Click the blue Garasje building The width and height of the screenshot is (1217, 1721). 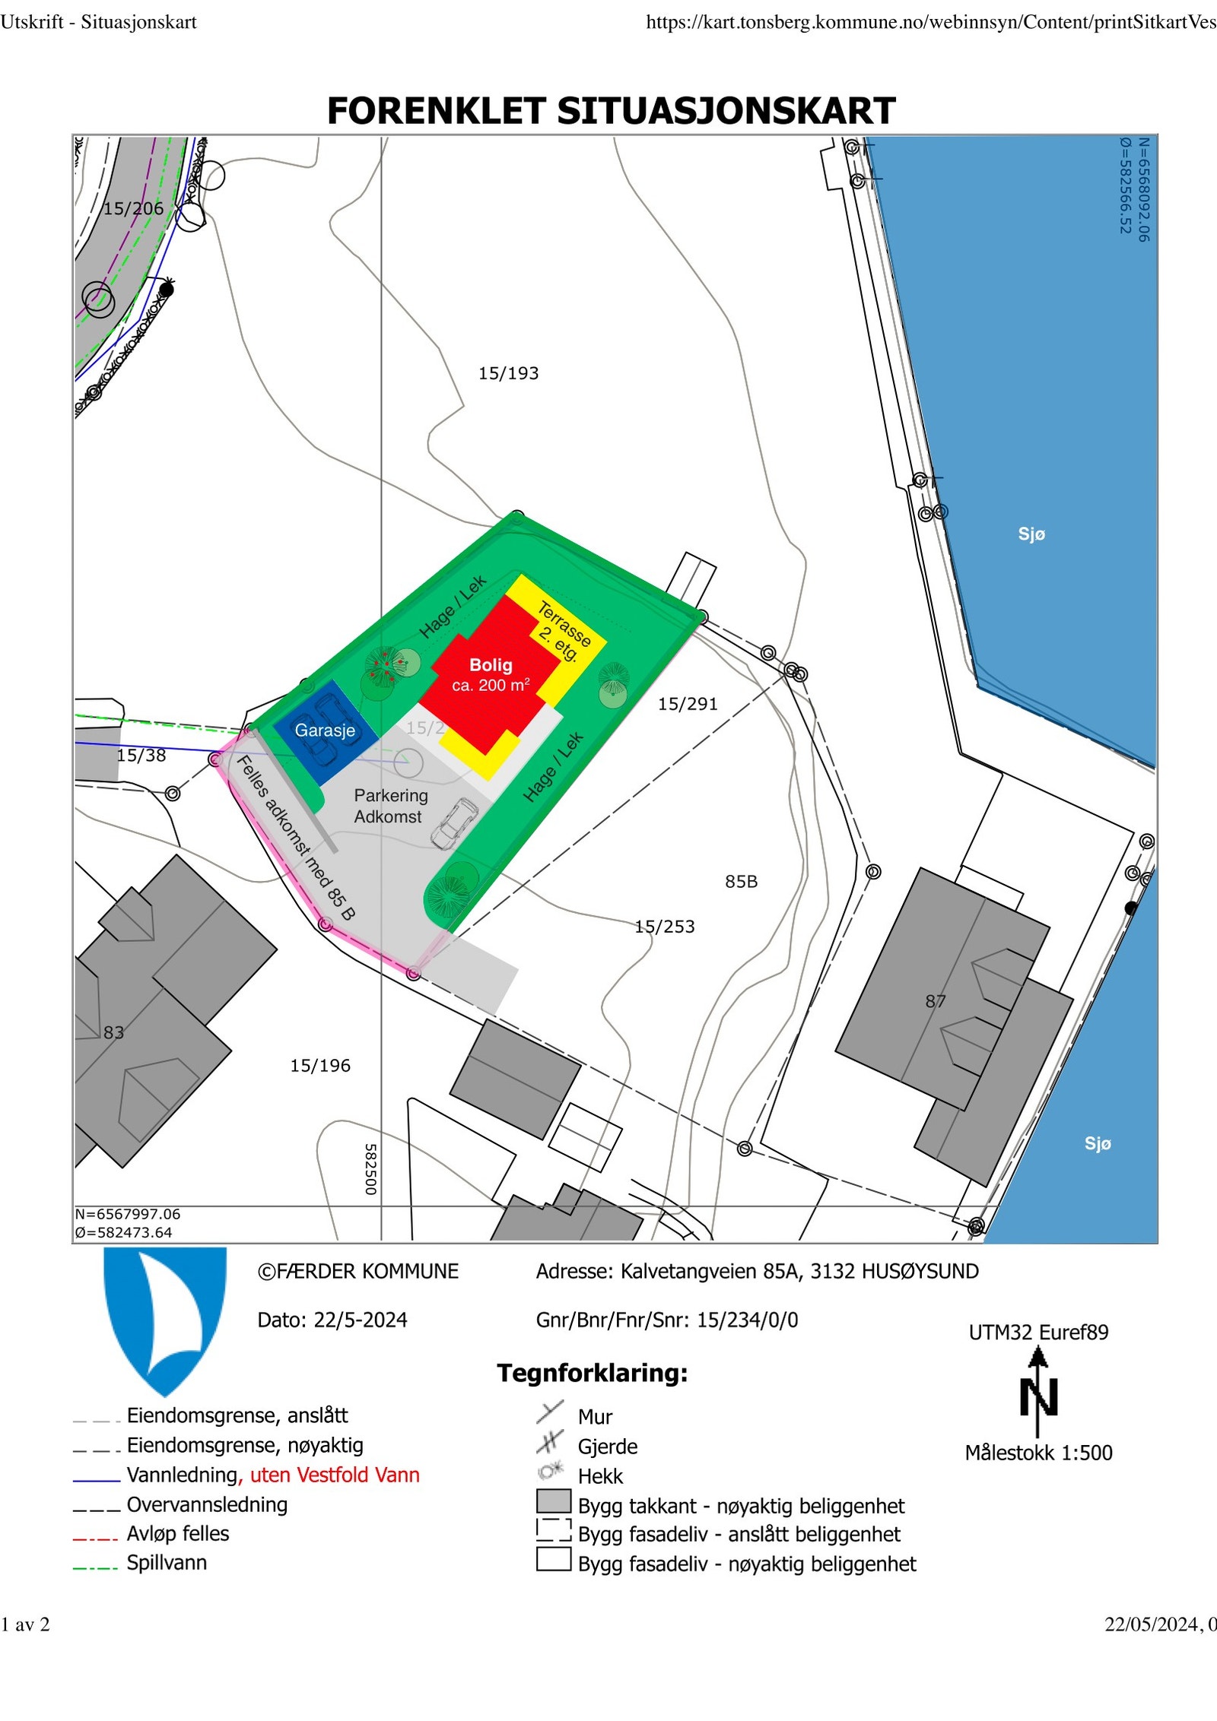tap(326, 731)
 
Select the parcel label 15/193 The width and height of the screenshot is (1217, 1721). tap(508, 373)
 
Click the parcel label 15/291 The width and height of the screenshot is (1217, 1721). tap(688, 704)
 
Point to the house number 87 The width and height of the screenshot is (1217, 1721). tap(936, 1001)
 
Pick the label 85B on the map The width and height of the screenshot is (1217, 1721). tap(741, 882)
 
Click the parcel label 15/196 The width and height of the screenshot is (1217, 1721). tap(320, 1066)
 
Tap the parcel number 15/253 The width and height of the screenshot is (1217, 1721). tap(665, 927)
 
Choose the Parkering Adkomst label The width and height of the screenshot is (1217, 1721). tap(390, 806)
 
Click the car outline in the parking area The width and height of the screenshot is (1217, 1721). tap(454, 823)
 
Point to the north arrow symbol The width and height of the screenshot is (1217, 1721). tap(1038, 1390)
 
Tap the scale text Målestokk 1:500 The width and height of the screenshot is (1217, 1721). tap(1038, 1453)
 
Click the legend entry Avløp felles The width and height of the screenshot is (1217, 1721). tap(177, 1533)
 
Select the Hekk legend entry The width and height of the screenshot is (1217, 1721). tap(599, 1476)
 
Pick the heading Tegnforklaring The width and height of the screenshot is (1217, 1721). tap(593, 1373)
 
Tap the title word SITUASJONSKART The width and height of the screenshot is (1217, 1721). tap(726, 111)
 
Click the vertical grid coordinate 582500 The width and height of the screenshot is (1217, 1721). tap(371, 1169)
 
